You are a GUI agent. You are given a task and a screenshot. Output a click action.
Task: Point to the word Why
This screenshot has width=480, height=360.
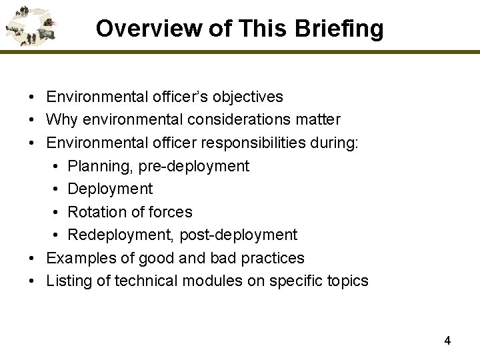click(x=60, y=120)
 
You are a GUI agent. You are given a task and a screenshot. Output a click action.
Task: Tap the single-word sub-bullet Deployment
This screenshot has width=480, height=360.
click(x=110, y=189)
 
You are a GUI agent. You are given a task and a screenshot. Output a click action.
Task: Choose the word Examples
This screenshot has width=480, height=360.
click(x=75, y=258)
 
